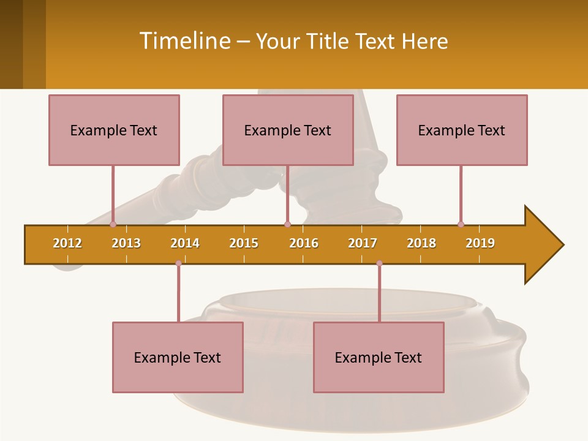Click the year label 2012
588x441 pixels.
67,243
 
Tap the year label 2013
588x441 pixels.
126,243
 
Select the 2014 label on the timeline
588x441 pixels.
185,243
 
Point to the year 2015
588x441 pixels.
244,243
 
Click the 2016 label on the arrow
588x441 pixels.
304,243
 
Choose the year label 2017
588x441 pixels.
363,243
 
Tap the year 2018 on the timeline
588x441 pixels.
421,243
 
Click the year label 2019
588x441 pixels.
480,243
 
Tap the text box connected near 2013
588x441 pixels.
114,130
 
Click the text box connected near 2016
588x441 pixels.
288,130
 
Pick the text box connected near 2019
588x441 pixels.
462,130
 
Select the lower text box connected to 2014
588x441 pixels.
178,357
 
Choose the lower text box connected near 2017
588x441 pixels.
379,357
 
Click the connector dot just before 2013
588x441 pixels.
113,224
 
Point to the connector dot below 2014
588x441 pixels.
178,263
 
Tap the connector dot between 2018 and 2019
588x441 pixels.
461,224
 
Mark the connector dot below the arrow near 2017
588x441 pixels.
379,263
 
